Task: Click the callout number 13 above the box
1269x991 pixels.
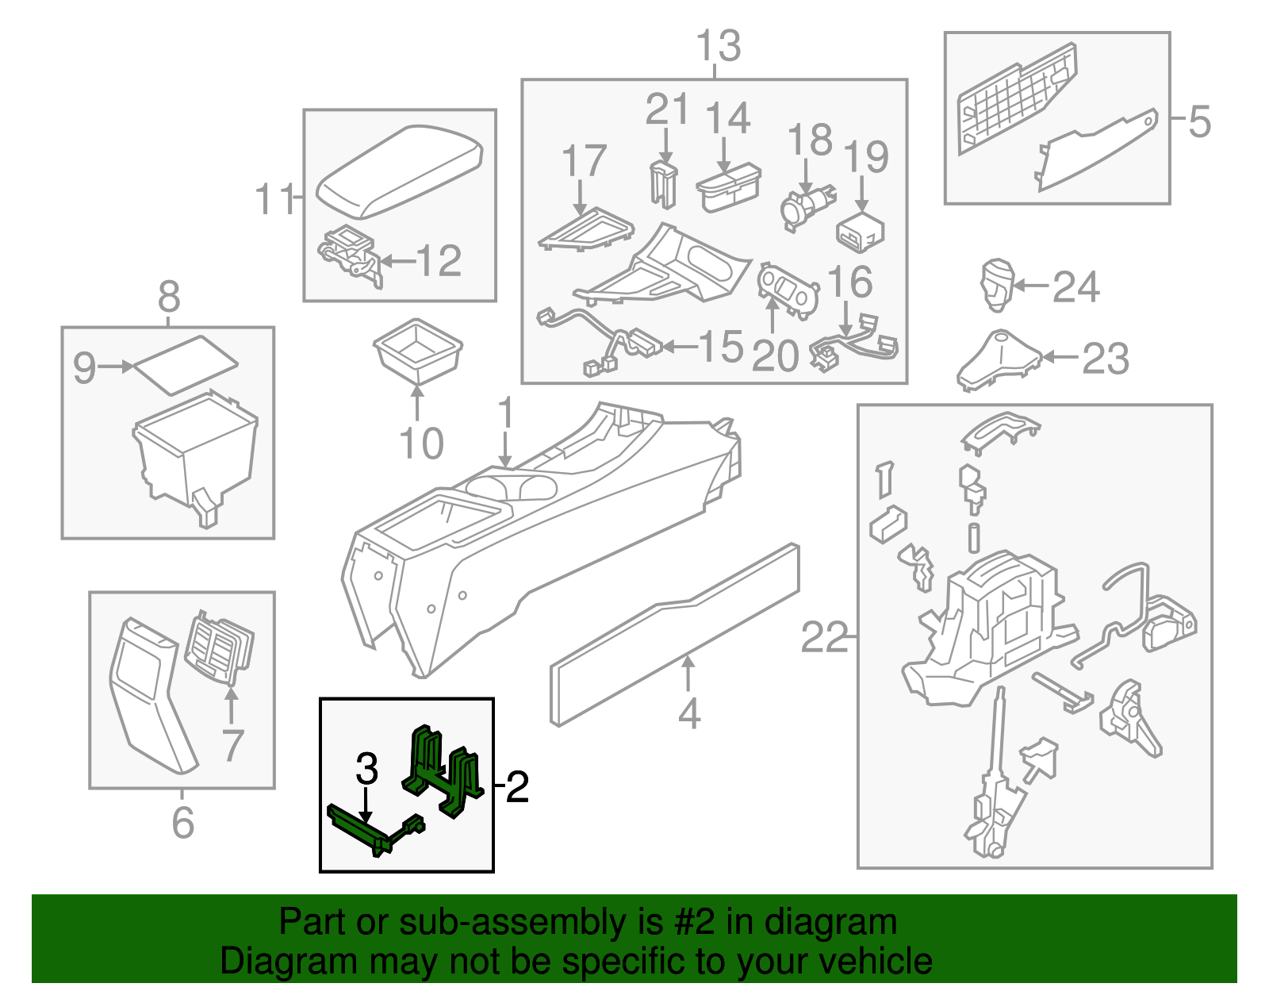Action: pos(718,46)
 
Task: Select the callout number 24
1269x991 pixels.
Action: pos(1076,287)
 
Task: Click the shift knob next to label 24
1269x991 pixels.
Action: pos(996,284)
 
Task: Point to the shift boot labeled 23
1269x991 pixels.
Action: pos(998,361)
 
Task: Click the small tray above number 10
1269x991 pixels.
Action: pos(417,348)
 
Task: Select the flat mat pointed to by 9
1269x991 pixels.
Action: pos(185,364)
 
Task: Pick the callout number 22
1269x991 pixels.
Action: pos(824,637)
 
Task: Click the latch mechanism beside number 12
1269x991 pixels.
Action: pos(349,252)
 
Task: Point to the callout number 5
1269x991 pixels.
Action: pos(1200,121)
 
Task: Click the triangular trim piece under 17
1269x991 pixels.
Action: pos(585,229)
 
